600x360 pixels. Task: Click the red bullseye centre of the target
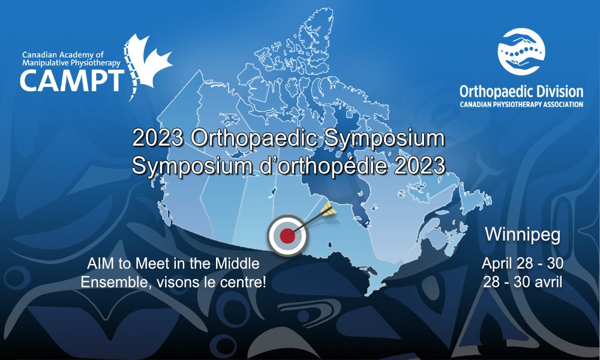coord(287,236)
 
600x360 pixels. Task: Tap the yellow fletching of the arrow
coord(329,209)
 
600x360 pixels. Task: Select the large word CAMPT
coord(72,80)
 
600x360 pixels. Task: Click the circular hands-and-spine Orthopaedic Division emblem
coord(521,52)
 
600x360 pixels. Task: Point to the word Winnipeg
coord(523,235)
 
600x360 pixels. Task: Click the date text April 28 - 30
coord(523,263)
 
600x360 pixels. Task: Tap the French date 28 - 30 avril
coord(523,282)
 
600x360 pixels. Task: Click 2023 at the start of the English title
coord(158,138)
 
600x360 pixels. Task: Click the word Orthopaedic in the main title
coord(254,138)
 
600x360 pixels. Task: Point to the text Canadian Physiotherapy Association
coord(521,104)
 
